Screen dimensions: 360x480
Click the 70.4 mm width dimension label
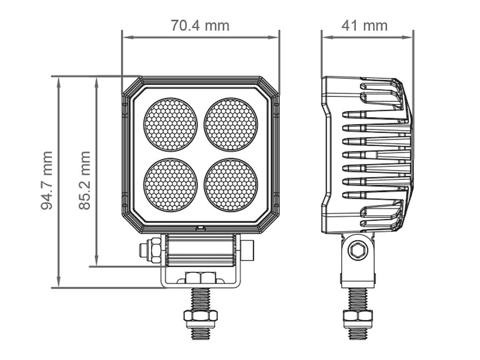[200, 25]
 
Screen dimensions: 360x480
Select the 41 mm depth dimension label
[365, 25]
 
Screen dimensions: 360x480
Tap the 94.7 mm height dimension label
[46, 180]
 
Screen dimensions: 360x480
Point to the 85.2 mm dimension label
[84, 180]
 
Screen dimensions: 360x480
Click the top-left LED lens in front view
[170, 125]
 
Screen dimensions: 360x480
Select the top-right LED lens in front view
[231, 125]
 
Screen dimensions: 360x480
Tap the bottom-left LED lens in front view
[170, 185]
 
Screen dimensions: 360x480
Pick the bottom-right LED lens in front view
[231, 185]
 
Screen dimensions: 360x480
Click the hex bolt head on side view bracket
[358, 251]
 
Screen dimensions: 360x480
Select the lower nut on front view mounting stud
[200, 318]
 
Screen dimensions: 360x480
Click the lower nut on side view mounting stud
[358, 318]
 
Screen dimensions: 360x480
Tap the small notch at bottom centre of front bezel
[201, 228]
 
